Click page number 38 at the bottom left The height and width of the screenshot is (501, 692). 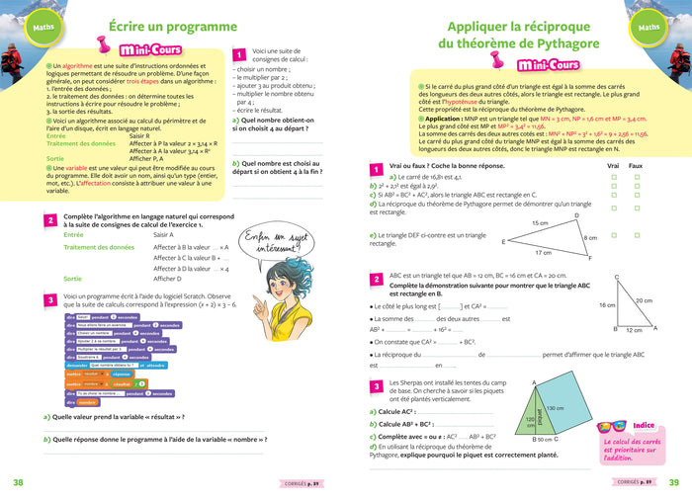click(x=18, y=482)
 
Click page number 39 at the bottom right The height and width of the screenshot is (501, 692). click(x=673, y=482)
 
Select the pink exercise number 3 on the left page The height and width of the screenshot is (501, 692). click(x=49, y=300)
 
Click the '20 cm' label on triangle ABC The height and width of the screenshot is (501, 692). click(x=644, y=299)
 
